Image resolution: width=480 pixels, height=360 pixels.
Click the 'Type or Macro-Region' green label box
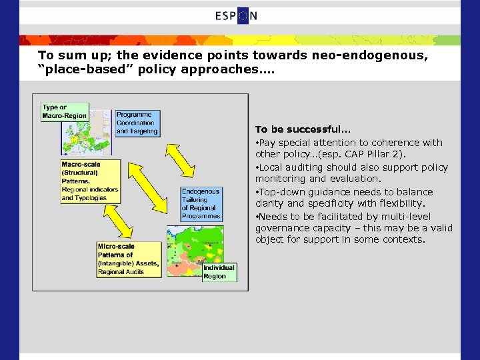(63, 111)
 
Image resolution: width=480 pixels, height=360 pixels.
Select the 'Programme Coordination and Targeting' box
(137, 123)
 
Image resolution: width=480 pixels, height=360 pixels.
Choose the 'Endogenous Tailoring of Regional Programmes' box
(201, 204)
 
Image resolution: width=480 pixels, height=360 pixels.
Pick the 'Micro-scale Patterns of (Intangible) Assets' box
(128, 259)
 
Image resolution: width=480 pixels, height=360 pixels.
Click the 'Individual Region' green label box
(219, 272)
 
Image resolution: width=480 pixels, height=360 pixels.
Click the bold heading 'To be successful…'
(288, 129)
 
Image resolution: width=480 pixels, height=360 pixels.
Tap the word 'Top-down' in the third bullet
(279, 192)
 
